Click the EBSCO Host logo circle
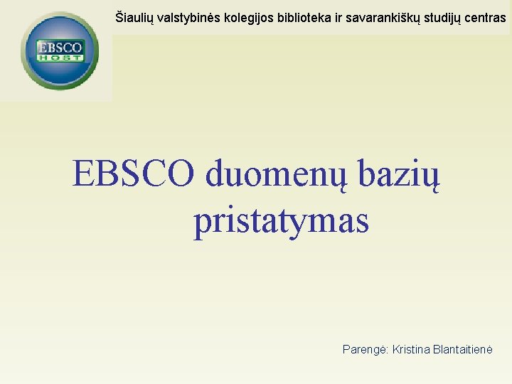pos(60,50)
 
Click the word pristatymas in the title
pos(281,222)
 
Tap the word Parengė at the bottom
pos(365,350)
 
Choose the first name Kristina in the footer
pos(412,350)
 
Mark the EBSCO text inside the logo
pos(60,48)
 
